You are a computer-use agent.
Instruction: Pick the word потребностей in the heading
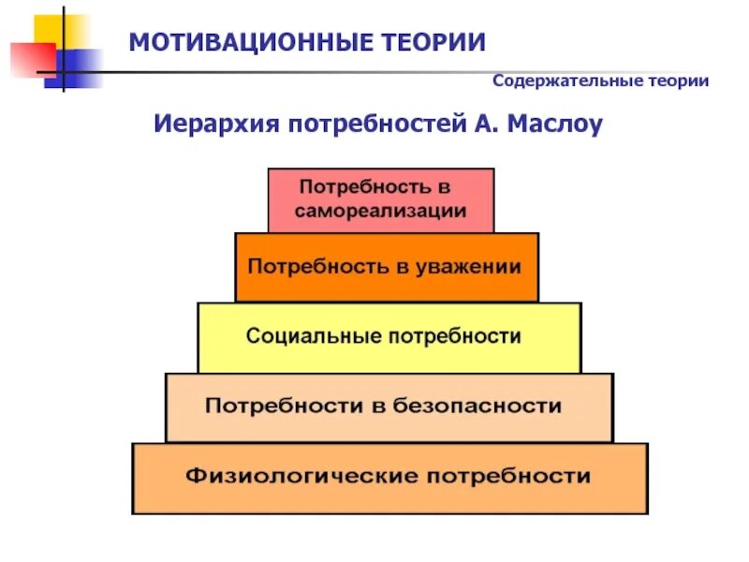point(370,124)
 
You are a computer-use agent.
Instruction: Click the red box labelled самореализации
point(380,200)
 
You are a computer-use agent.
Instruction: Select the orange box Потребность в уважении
point(387,267)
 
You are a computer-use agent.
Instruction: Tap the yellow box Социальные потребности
point(389,336)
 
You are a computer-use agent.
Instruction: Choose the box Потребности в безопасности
point(389,407)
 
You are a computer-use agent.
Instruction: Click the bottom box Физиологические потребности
point(389,478)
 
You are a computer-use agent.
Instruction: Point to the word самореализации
point(380,211)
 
